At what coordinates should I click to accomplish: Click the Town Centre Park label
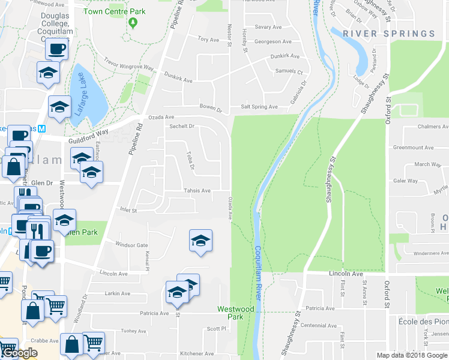(115, 11)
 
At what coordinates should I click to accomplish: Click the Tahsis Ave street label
(197, 191)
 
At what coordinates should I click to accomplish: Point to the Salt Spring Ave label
(259, 107)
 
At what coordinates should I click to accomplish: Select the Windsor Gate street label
(131, 245)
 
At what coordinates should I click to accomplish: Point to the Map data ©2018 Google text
(412, 355)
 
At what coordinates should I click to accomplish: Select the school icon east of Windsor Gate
(200, 241)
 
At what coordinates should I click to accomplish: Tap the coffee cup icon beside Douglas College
(56, 49)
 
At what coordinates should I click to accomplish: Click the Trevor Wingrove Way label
(128, 64)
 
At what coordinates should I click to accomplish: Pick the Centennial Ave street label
(319, 326)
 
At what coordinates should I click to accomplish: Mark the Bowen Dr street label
(211, 110)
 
